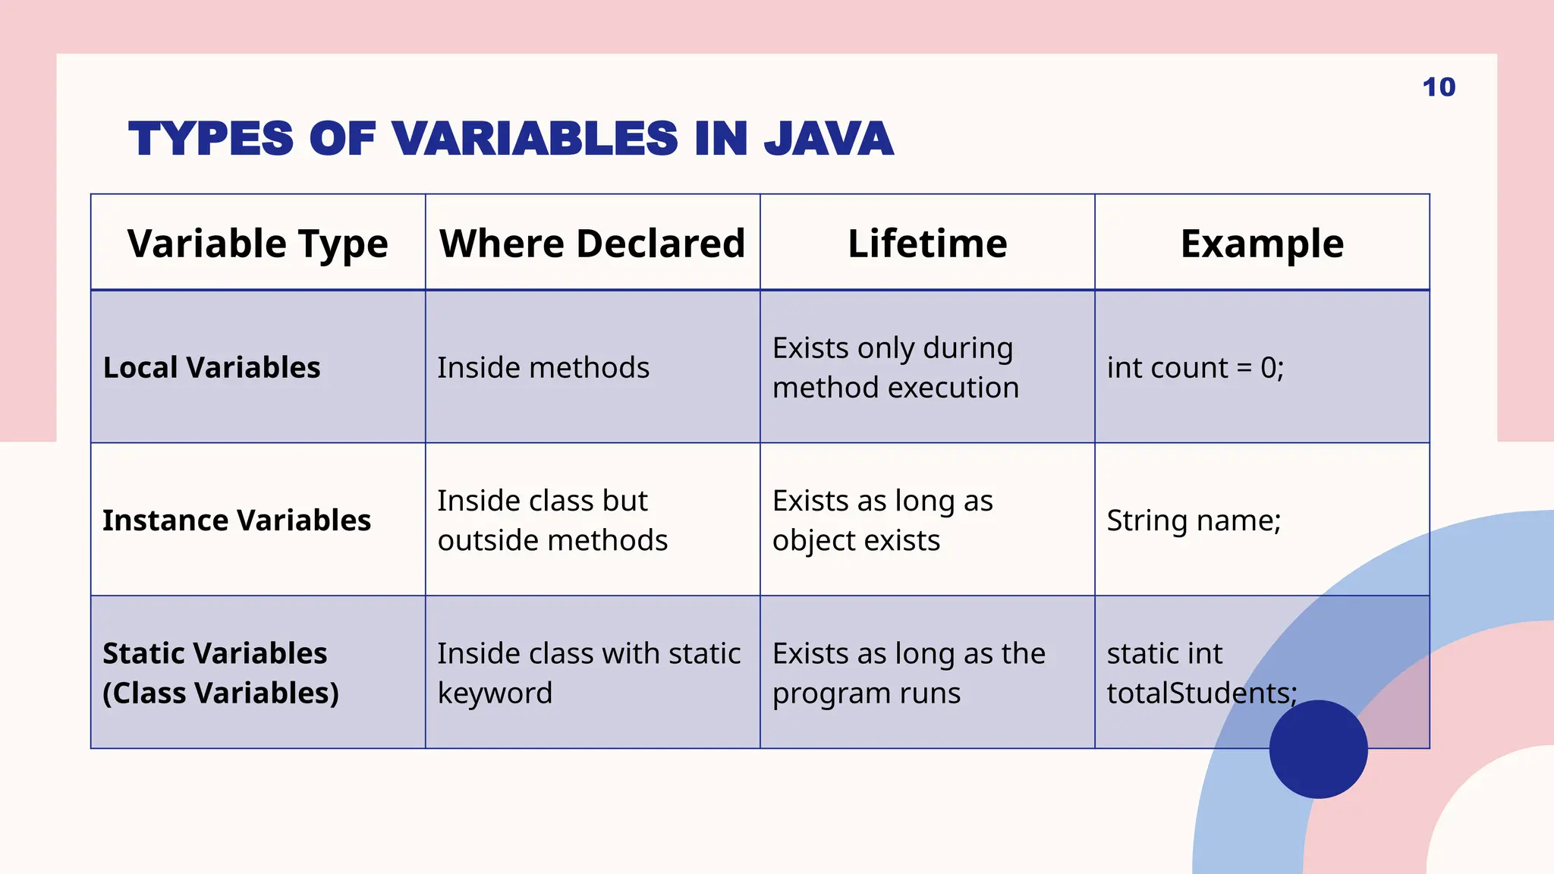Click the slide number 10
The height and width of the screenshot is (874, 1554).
pyautogui.click(x=1439, y=87)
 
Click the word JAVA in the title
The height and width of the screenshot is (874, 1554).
pyautogui.click(x=828, y=139)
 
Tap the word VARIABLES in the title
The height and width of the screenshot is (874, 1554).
pyautogui.click(x=535, y=139)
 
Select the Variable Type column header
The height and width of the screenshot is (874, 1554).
pyautogui.click(x=257, y=244)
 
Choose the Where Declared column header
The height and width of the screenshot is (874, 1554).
pyautogui.click(x=592, y=244)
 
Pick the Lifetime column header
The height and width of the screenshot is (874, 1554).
pyautogui.click(x=927, y=244)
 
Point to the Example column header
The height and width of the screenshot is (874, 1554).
pyautogui.click(x=1262, y=244)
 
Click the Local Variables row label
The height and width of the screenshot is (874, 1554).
pyautogui.click(x=212, y=367)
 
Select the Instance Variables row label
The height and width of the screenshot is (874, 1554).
pyautogui.click(x=237, y=520)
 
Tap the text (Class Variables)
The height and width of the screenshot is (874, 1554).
pyautogui.click(x=221, y=693)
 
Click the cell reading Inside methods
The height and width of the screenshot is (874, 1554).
pyautogui.click(x=543, y=367)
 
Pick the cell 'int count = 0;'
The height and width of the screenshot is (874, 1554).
pyautogui.click(x=1195, y=367)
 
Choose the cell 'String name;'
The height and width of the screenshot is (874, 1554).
pyautogui.click(x=1194, y=520)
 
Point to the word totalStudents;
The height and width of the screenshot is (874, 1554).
pyautogui.click(x=1201, y=693)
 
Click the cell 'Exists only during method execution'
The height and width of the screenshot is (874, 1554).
pyautogui.click(x=895, y=367)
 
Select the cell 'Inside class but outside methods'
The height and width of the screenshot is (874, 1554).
pyautogui.click(x=552, y=520)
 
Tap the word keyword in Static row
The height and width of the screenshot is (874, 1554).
pyautogui.click(x=495, y=693)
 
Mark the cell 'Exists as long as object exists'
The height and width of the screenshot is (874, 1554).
pyautogui.click(x=882, y=520)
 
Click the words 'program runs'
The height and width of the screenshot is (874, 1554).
pyautogui.click(x=867, y=693)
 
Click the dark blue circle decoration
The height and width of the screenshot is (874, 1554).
pyautogui.click(x=1318, y=749)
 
